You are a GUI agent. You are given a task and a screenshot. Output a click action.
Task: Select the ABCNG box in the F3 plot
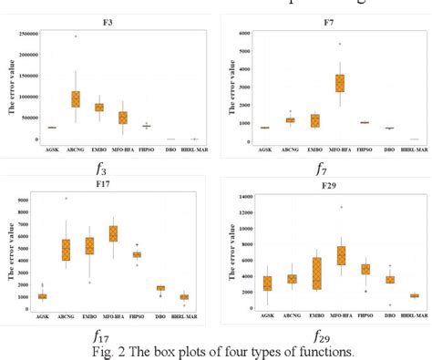(76, 98)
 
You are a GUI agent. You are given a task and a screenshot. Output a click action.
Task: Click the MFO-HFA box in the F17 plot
(113, 233)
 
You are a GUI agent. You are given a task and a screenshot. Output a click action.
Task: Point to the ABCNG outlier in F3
(76, 36)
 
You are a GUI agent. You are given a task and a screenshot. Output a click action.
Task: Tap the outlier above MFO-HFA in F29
(341, 207)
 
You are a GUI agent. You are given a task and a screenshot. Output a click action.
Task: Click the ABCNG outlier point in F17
(65, 198)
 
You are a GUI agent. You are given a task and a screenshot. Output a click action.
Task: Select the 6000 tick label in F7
(244, 33)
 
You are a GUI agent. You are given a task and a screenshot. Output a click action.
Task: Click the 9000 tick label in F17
(27, 198)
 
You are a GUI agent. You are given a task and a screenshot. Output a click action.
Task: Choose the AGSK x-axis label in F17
(41, 314)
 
